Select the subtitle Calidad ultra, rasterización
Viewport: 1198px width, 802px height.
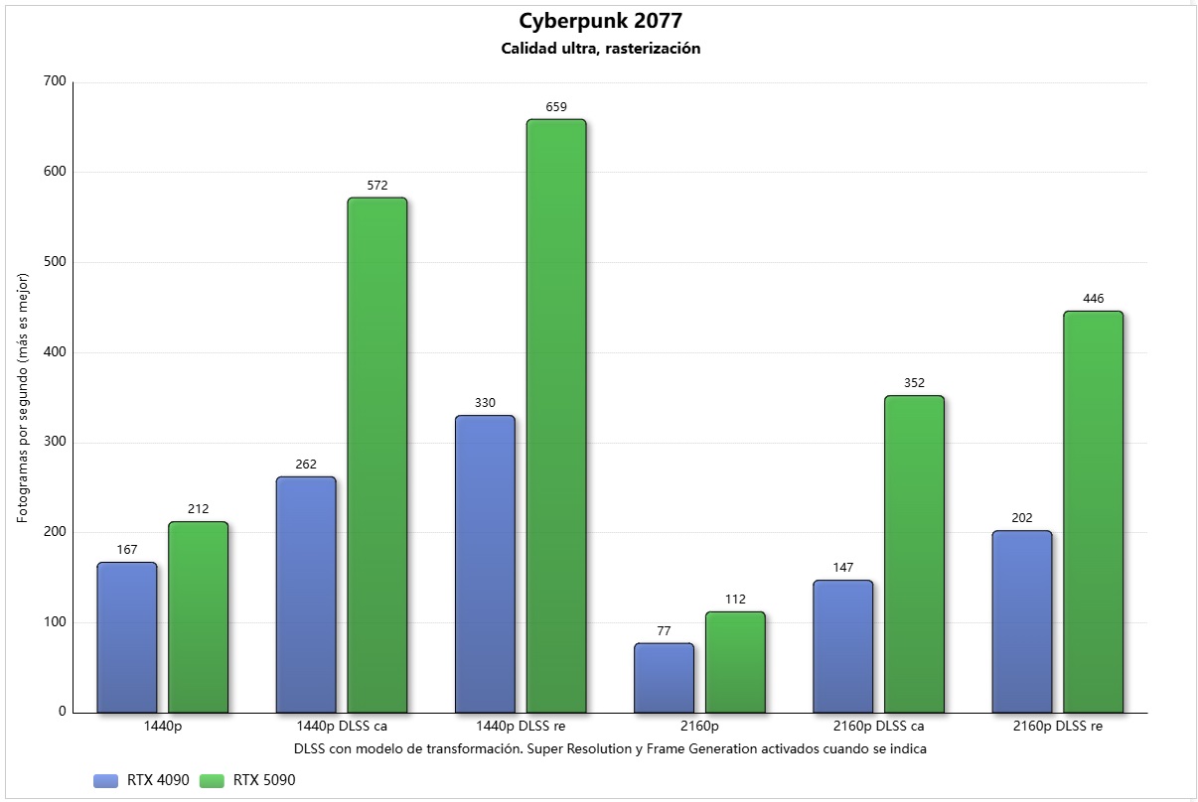601,49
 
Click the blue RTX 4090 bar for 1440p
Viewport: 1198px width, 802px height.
127,637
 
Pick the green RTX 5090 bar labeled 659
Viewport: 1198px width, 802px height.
556,416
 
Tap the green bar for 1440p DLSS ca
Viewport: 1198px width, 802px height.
377,455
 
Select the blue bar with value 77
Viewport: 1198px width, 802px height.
664,678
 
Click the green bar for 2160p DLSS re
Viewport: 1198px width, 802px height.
1093,512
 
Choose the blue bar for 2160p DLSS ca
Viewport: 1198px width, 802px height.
842,646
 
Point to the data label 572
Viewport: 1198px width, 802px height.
376,186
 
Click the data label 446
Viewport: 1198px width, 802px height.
1093,299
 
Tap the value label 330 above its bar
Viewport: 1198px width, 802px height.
485,403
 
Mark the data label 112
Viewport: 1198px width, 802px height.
735,600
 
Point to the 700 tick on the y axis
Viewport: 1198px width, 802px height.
55,82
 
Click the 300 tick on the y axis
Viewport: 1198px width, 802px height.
55,443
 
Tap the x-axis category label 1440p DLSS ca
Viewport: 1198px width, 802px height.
342,727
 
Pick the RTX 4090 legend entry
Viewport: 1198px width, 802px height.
141,780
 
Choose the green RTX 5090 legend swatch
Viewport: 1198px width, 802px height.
213,780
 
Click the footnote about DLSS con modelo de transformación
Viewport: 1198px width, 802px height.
610,749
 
